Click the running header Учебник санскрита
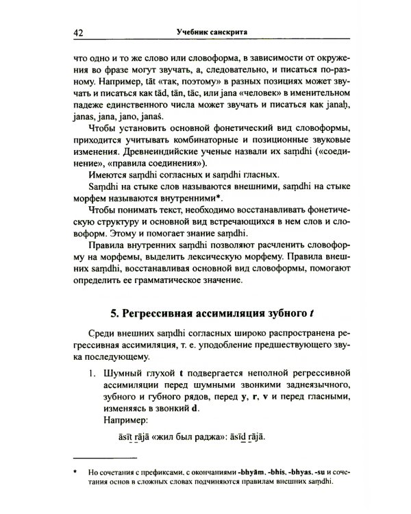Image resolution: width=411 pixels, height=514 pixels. tap(206, 32)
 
